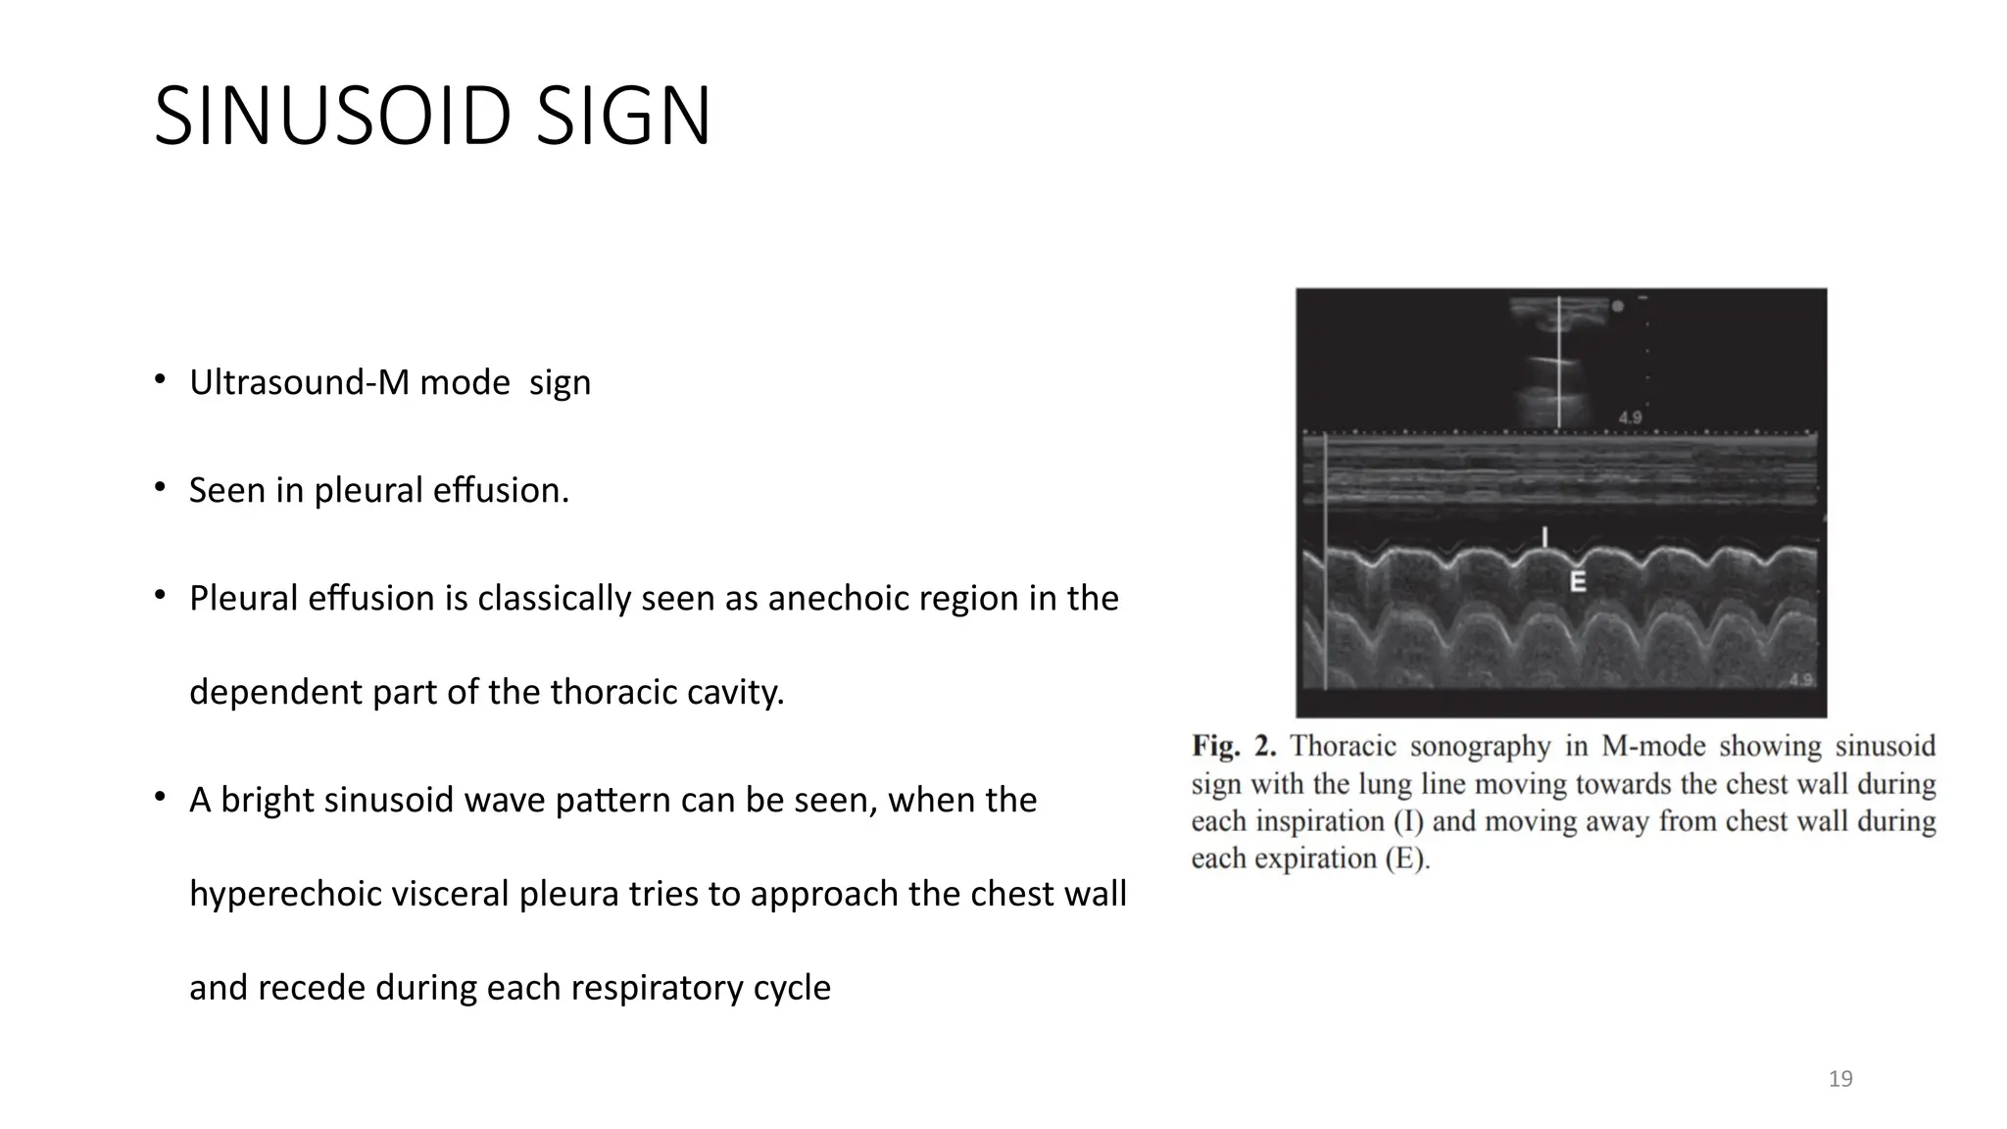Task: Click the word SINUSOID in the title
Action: (331, 117)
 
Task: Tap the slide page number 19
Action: (1840, 1079)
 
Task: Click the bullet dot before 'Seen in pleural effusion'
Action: (159, 487)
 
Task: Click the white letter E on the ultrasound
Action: (1578, 581)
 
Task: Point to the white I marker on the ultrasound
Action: (1545, 537)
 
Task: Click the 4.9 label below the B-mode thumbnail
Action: (1630, 417)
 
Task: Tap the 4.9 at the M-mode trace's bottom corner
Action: (1800, 679)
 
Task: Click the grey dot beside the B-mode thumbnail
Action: (1618, 307)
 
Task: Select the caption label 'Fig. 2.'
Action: (1234, 747)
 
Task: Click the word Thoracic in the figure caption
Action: (1343, 747)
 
